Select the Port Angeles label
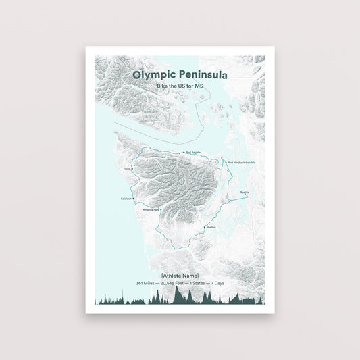[193, 152]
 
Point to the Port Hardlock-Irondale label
[242, 163]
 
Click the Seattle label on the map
[245, 192]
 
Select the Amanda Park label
[151, 210]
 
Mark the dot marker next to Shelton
[205, 229]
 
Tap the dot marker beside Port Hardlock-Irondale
[226, 163]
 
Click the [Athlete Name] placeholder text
[180, 275]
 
